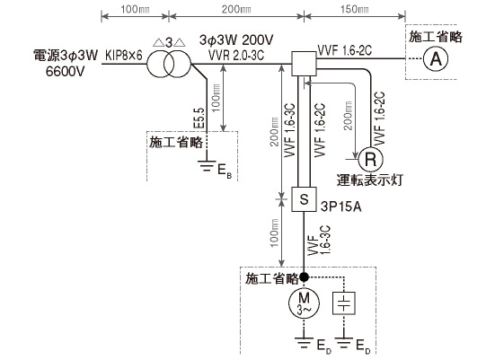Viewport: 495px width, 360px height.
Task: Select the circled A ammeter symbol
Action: point(436,59)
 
